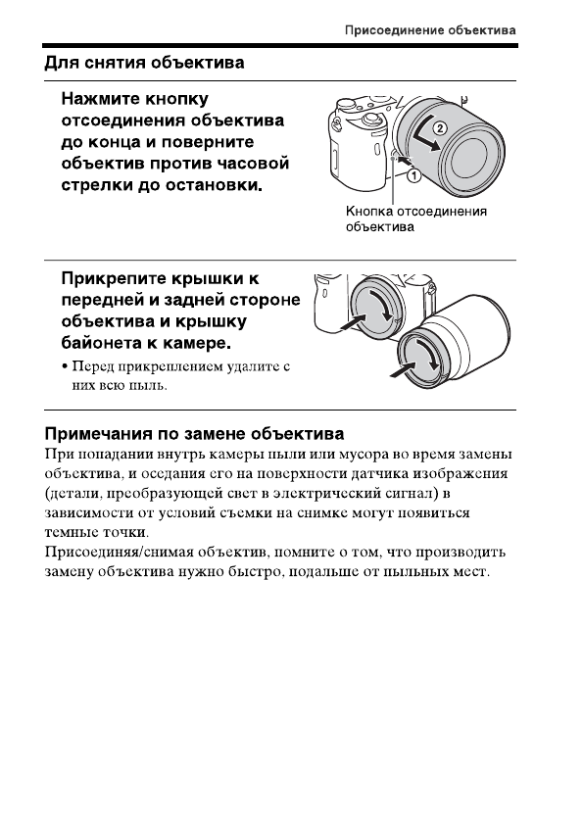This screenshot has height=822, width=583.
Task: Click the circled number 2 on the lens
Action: [x=440, y=127]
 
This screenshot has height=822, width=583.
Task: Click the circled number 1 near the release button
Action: [x=413, y=176]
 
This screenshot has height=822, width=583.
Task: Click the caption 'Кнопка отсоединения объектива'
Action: [x=415, y=219]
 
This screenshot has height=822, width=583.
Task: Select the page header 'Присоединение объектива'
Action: [x=430, y=30]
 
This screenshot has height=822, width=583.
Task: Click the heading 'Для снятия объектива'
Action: [x=144, y=63]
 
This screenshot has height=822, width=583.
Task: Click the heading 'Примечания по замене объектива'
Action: [x=194, y=432]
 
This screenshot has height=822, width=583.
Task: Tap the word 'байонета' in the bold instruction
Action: [x=105, y=344]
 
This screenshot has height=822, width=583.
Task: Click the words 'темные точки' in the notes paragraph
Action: [x=96, y=532]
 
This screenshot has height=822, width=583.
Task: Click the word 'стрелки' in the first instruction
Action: [x=96, y=184]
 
